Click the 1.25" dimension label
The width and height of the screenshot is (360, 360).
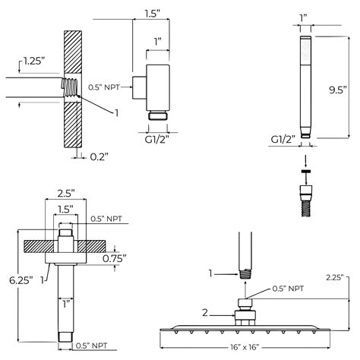coord(33,60)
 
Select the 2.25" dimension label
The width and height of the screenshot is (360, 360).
coord(334,277)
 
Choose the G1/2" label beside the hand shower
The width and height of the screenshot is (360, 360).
coord(282,139)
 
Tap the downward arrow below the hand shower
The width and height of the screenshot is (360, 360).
coord(305,161)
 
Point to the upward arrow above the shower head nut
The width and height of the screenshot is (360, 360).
coord(244,290)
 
